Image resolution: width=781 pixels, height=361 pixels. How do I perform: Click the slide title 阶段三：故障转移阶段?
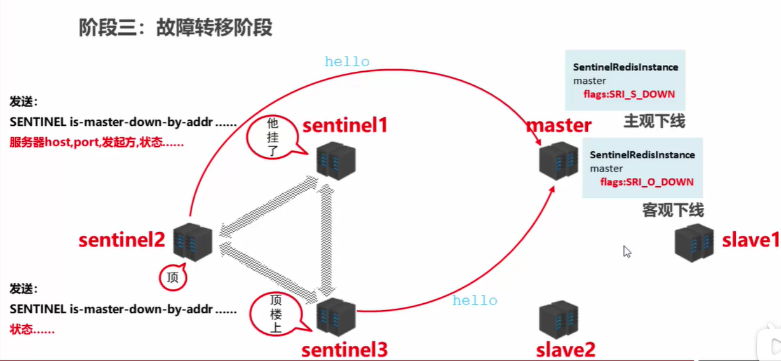[175, 28]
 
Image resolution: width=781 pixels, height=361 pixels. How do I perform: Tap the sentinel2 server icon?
[192, 242]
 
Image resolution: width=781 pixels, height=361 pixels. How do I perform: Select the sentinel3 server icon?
[336, 317]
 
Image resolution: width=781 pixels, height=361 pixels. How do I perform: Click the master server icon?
[559, 160]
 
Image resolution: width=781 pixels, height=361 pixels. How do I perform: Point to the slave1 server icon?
[694, 243]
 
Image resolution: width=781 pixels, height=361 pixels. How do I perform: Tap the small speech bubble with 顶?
[172, 278]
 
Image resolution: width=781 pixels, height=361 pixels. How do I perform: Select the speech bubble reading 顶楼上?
[275, 313]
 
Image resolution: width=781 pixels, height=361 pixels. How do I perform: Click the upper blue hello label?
[347, 62]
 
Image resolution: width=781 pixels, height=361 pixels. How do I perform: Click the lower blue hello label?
[475, 301]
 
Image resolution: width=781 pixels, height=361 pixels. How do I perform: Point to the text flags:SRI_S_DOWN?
[629, 94]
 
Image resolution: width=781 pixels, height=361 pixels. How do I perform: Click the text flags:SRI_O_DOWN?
[646, 182]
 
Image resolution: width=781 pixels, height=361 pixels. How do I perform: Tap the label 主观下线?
[654, 121]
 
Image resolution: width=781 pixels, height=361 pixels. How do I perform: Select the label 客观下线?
[672, 210]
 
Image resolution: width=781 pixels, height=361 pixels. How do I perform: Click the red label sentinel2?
[121, 240]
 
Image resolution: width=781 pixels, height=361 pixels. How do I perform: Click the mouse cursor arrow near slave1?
[627, 251]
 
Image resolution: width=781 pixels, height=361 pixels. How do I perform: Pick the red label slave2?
[566, 349]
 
